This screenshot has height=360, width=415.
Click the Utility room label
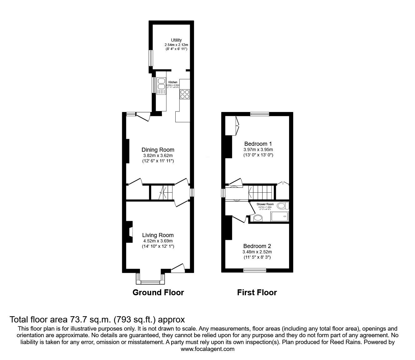[x=176, y=40]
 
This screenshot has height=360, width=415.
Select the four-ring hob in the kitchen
[x=184, y=94]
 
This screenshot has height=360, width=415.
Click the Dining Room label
[x=158, y=150]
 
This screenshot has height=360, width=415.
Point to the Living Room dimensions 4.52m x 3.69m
[x=158, y=241]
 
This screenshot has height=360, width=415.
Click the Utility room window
[x=150, y=58]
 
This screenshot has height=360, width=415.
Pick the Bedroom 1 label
[x=258, y=144]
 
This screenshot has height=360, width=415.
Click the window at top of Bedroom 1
[x=260, y=114]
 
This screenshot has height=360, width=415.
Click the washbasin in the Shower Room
[x=258, y=218]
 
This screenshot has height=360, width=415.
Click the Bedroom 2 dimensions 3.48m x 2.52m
[x=257, y=252]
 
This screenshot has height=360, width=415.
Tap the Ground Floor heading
[x=158, y=292]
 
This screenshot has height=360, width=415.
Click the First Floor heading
[x=257, y=292]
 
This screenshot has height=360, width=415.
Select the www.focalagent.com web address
[x=207, y=349]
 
